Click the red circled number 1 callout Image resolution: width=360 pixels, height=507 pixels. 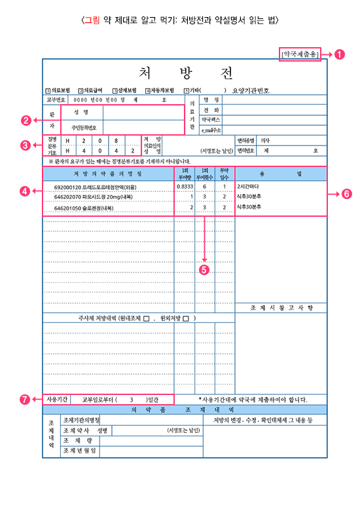339,55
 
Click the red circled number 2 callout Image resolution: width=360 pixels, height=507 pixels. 26,120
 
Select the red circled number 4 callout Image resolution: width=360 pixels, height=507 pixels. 26,191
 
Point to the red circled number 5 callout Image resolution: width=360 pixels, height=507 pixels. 205,269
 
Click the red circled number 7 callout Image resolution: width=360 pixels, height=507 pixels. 26,398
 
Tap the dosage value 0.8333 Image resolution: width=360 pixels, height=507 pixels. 184,187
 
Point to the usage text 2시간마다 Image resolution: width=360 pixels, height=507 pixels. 249,187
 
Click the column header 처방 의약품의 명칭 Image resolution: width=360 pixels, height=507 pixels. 107,174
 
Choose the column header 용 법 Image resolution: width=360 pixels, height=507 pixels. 280,174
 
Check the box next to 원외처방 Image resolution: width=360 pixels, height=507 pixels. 187,319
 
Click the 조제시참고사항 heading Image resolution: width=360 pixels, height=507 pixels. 281,307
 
